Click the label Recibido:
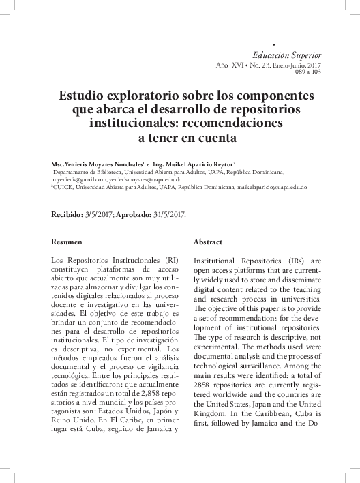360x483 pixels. [x=68, y=214]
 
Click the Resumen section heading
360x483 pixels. [x=67, y=242]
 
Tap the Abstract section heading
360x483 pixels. [x=208, y=242]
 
